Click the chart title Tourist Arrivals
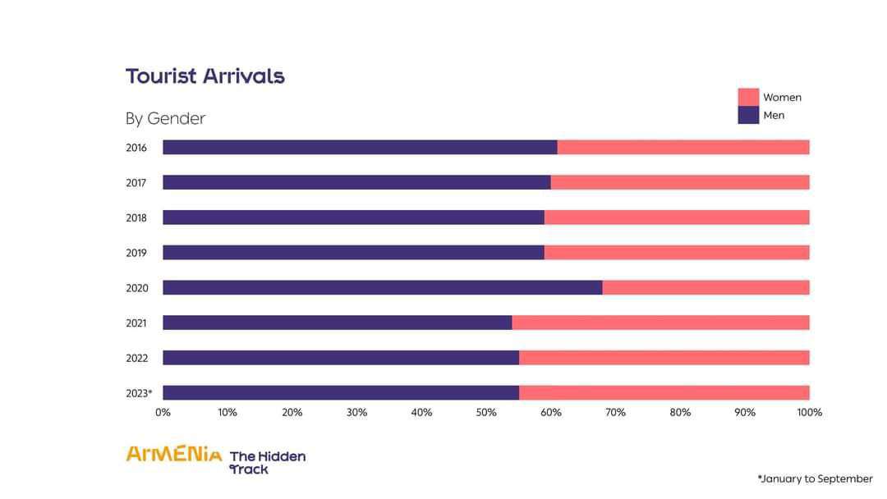[x=205, y=76]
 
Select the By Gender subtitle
[x=165, y=119]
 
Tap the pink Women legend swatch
[x=748, y=97]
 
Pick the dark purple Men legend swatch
[x=748, y=115]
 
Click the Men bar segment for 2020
[x=382, y=287]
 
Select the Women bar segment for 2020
[x=705, y=287]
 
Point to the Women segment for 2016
[x=683, y=147]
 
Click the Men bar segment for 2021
[x=337, y=323]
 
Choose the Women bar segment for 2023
[x=664, y=392]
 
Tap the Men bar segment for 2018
[x=353, y=217]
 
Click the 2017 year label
[x=136, y=183]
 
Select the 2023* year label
[x=139, y=393]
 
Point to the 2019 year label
[x=136, y=253]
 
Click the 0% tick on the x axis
[x=163, y=412]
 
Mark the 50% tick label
[x=486, y=412]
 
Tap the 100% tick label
[x=809, y=412]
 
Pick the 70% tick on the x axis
[x=615, y=412]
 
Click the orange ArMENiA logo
[x=173, y=454]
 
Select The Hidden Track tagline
[x=267, y=462]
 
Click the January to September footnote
[x=815, y=478]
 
